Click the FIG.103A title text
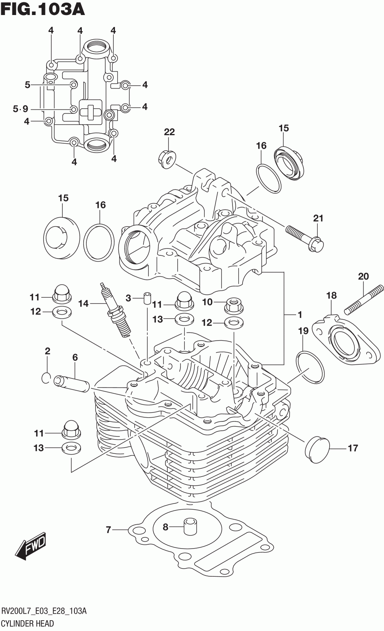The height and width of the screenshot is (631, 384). pos(42,9)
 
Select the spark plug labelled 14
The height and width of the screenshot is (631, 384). pos(116,309)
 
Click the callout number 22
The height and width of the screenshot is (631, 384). pos(169,132)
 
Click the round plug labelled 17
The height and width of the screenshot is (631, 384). pos(317,450)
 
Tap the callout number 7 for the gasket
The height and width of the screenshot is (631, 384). pos(109,530)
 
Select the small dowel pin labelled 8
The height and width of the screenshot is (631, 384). pos(190,526)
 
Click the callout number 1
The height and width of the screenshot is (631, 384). pos(300,314)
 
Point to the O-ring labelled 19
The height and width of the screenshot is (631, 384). pos(310,367)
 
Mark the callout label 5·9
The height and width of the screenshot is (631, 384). pos(20,109)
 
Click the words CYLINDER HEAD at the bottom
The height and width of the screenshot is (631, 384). pos(28,623)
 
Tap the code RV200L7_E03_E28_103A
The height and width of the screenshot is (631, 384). pos(44,611)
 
